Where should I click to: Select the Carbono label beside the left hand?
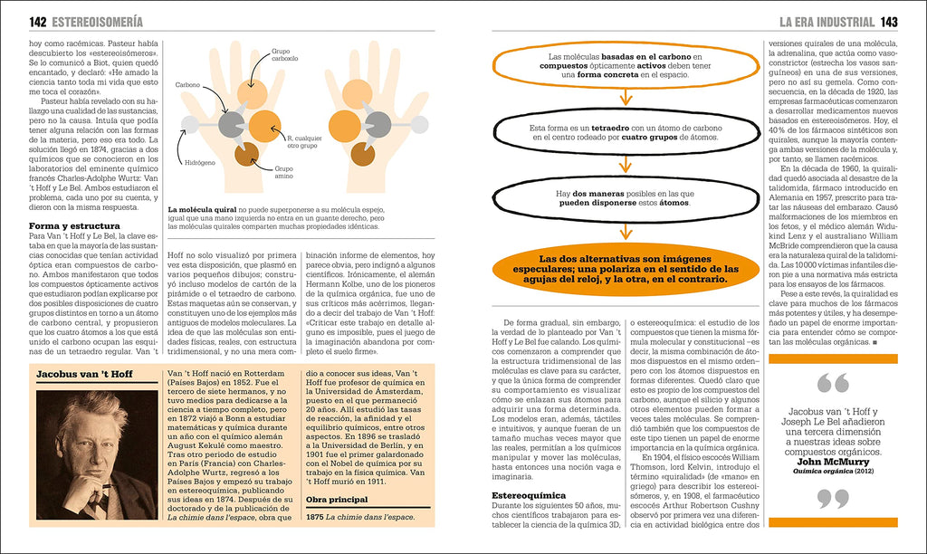click(x=188, y=85)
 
